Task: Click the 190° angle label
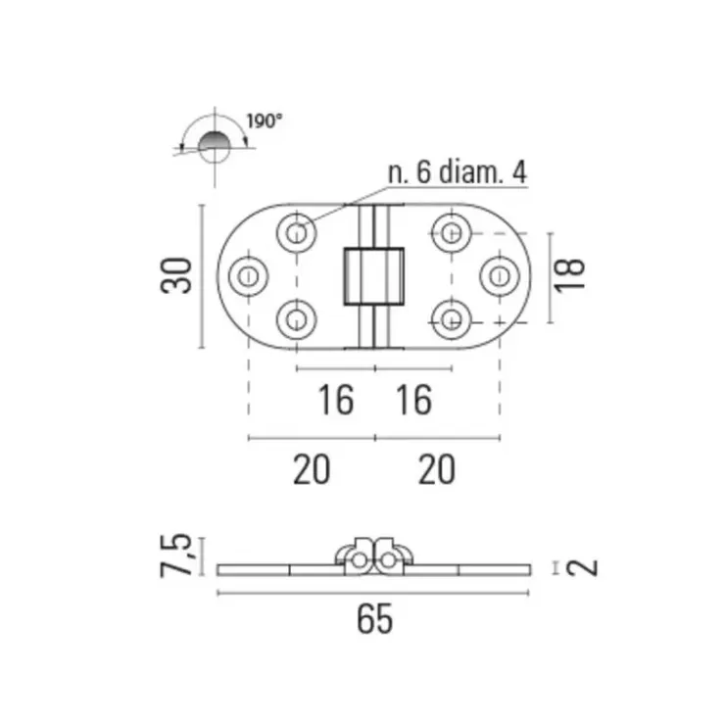click(x=264, y=121)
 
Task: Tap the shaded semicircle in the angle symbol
click(x=215, y=140)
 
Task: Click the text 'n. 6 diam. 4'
click(x=458, y=172)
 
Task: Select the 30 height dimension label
click(x=176, y=275)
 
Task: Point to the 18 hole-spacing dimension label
click(x=569, y=275)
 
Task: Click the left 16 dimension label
click(x=336, y=400)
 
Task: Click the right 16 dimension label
click(x=414, y=400)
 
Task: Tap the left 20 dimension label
click(x=312, y=469)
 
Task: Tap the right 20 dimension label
click(x=437, y=469)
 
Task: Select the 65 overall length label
click(x=375, y=619)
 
